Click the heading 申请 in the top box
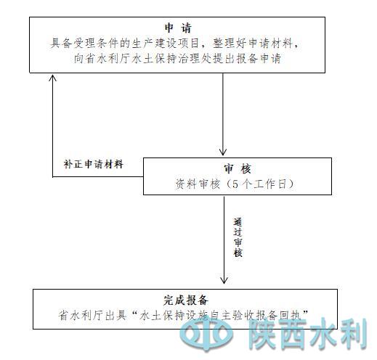click(x=178, y=28)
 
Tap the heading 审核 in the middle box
click(x=237, y=168)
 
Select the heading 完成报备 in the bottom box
click(x=185, y=300)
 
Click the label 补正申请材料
click(x=94, y=164)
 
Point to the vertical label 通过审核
click(x=238, y=237)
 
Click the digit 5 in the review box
click(x=235, y=184)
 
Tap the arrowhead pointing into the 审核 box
click(x=223, y=152)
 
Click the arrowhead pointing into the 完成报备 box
click(x=224, y=280)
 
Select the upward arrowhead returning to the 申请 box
click(x=53, y=78)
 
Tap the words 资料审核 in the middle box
click(x=198, y=184)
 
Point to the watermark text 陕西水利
click(x=308, y=333)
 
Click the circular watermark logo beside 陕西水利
click(x=206, y=333)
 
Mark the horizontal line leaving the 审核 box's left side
click(x=98, y=176)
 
